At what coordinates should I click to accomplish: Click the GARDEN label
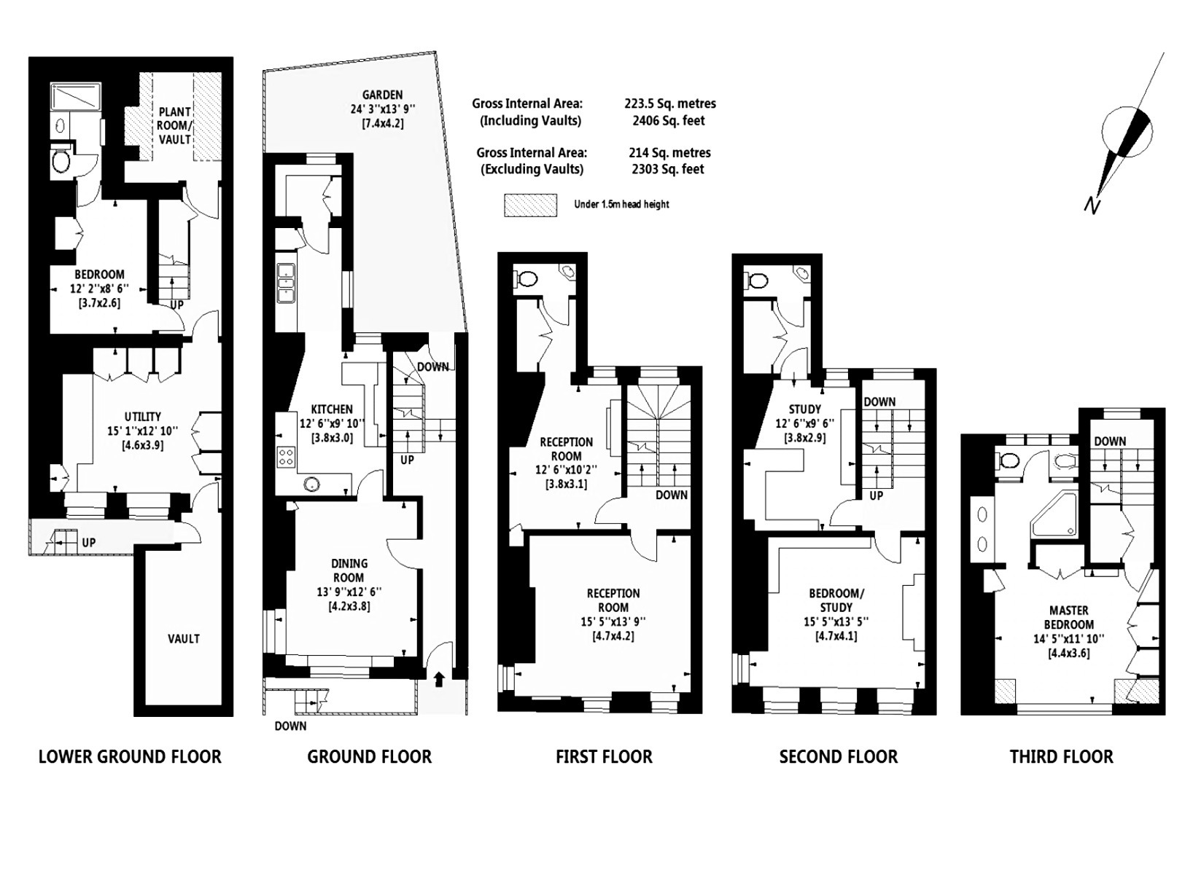pos(383,95)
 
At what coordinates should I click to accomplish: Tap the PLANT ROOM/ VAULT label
pos(174,125)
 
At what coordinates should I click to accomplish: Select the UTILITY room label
pos(143,416)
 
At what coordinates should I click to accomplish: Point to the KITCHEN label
pos(332,409)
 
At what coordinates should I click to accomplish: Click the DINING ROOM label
pos(350,570)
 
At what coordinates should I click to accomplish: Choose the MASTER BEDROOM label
pos(1068,618)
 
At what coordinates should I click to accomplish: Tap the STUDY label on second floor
pos(804,409)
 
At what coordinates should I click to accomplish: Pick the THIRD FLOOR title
pos(1062,757)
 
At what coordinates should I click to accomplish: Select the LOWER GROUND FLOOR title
pos(130,757)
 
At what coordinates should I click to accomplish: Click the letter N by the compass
pos(1092,205)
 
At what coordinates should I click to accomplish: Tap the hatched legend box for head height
pos(530,205)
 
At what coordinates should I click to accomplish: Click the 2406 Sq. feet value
pos(669,120)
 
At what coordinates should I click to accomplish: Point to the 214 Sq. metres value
pos(669,152)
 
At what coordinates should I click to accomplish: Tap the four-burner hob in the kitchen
pos(287,456)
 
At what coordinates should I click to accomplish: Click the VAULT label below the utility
pos(184,639)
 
